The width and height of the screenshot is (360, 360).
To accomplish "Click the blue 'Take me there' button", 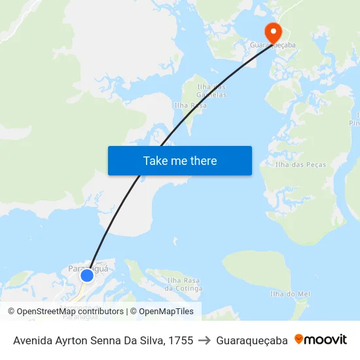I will click(x=180, y=160).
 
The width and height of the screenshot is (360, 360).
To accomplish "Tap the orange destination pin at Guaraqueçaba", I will click(x=272, y=31).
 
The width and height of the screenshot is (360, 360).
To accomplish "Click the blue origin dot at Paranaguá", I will click(x=86, y=276).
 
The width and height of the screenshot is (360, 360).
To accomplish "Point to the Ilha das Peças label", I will click(x=295, y=164).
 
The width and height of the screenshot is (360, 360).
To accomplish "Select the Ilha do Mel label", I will click(x=289, y=294).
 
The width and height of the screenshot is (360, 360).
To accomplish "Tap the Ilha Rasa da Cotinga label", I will click(x=183, y=284).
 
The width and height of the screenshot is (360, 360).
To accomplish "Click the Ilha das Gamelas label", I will click(x=212, y=90).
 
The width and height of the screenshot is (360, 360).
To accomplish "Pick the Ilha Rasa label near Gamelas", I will click(x=190, y=105).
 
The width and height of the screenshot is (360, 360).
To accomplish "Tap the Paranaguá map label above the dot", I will click(x=88, y=268).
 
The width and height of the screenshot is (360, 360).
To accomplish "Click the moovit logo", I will click(x=321, y=340).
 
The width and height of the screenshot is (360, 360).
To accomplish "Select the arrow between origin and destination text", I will click(x=204, y=340).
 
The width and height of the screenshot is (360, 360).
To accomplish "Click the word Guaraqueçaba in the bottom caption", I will click(x=252, y=340).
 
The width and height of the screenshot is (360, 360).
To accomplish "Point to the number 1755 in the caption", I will click(x=180, y=340).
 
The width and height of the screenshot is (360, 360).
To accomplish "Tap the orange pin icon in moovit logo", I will click(x=299, y=339).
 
